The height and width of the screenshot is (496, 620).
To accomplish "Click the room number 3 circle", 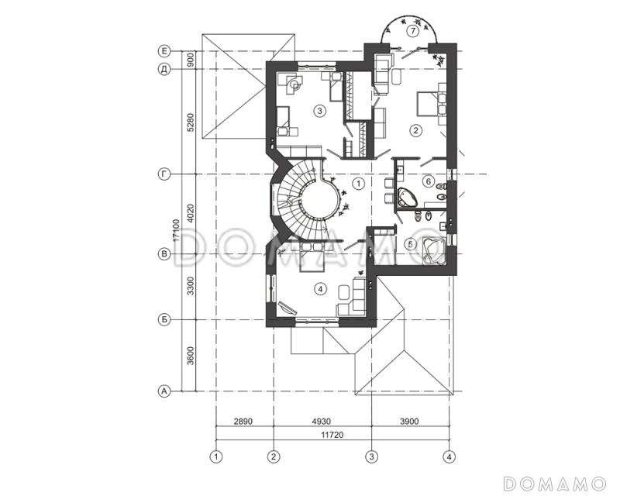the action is point(320,111).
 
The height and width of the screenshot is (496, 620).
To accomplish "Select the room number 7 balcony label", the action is point(412,31).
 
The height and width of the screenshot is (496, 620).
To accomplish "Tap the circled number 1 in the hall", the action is point(359,183).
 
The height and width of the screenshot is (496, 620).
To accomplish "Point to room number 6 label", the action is point(429,181).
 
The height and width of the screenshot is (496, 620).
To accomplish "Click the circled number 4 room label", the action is point(320,290).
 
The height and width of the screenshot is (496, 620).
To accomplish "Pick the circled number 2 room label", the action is point(415,130).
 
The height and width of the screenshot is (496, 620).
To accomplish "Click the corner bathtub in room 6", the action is point(406,198).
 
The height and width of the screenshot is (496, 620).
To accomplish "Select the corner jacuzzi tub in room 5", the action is point(434,251).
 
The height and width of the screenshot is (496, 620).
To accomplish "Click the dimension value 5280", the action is point(190,122).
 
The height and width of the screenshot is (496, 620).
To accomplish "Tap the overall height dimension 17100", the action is point(177,231).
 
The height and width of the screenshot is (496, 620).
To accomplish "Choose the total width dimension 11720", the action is point(332,435).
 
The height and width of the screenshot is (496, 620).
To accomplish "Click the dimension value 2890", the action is point(243,422).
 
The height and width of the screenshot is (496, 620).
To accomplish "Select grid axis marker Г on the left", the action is point(164,174).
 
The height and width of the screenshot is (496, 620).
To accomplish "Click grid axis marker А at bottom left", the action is point(164,391).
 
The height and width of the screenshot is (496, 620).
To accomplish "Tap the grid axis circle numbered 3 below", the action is point(371,456).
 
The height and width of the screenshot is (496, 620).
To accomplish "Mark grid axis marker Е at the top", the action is point(164,51).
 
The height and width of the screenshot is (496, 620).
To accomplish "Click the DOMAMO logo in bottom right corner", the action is point(555,484).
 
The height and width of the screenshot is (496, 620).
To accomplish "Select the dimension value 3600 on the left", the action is point(190,356).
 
